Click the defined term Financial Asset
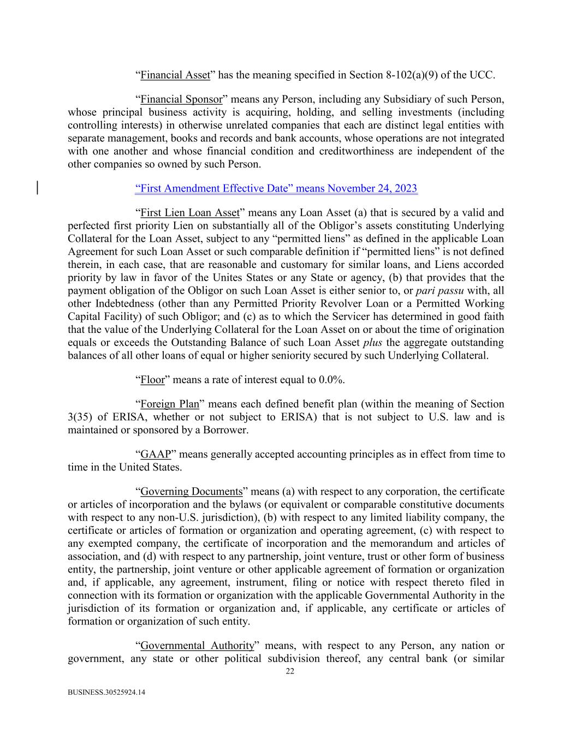point(175,75)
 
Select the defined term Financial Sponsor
point(181,99)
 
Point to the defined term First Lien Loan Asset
point(189,213)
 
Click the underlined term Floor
point(152,380)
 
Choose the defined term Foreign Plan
point(169,404)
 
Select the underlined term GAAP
point(156,455)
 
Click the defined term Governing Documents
point(191,492)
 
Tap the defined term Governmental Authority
point(197,646)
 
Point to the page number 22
point(290,672)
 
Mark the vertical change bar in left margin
point(37,188)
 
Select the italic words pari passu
point(440,291)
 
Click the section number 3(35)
point(81,418)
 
